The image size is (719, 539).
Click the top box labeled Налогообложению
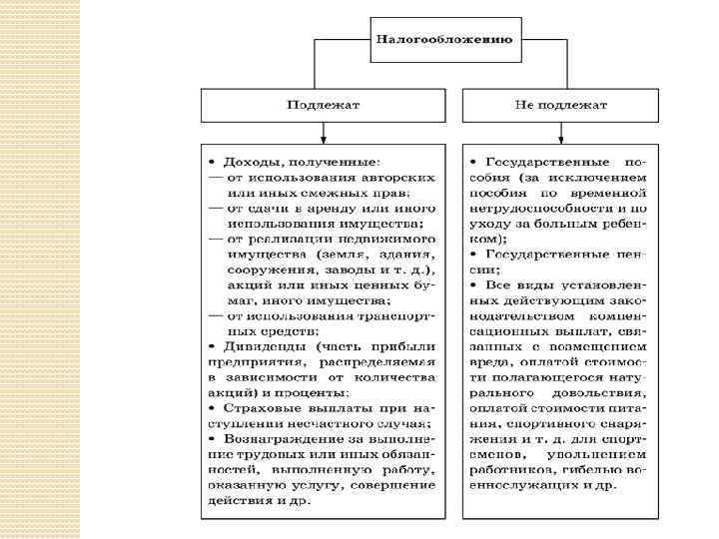(444, 40)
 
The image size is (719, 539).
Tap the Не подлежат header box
(561, 104)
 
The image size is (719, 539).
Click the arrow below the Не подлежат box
(561, 132)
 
